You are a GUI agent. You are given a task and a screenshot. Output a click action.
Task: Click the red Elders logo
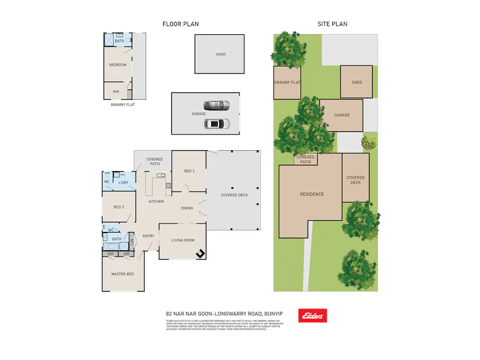click(313, 316)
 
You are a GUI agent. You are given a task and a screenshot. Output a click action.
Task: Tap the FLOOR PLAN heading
click(181, 24)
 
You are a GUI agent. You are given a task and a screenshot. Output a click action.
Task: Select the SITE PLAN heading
click(332, 24)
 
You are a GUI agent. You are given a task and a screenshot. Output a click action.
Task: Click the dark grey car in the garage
click(216, 105)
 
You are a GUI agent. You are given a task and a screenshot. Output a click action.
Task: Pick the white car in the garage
click(217, 124)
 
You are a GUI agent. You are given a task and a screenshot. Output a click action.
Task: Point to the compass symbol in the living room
click(200, 253)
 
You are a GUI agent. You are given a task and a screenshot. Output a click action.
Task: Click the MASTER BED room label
click(122, 274)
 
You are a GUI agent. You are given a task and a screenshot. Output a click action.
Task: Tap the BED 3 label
click(189, 171)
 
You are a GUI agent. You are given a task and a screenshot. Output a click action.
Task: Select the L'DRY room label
click(123, 183)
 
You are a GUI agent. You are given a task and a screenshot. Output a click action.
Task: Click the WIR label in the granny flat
click(116, 91)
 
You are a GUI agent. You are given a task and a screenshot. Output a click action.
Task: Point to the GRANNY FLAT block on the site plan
click(287, 83)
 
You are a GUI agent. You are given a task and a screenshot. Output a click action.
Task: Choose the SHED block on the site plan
click(356, 82)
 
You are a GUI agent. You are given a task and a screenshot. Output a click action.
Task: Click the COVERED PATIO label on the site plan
click(306, 159)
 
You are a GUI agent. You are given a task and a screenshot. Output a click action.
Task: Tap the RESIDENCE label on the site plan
click(311, 194)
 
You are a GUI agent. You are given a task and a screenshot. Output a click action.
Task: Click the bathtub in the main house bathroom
click(112, 247)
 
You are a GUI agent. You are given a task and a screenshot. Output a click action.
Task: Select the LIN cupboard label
click(132, 244)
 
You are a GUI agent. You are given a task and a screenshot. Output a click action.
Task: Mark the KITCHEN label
click(156, 202)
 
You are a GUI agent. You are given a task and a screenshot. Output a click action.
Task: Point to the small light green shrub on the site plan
click(369, 142)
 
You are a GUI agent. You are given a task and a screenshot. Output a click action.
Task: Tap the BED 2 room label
click(118, 207)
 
